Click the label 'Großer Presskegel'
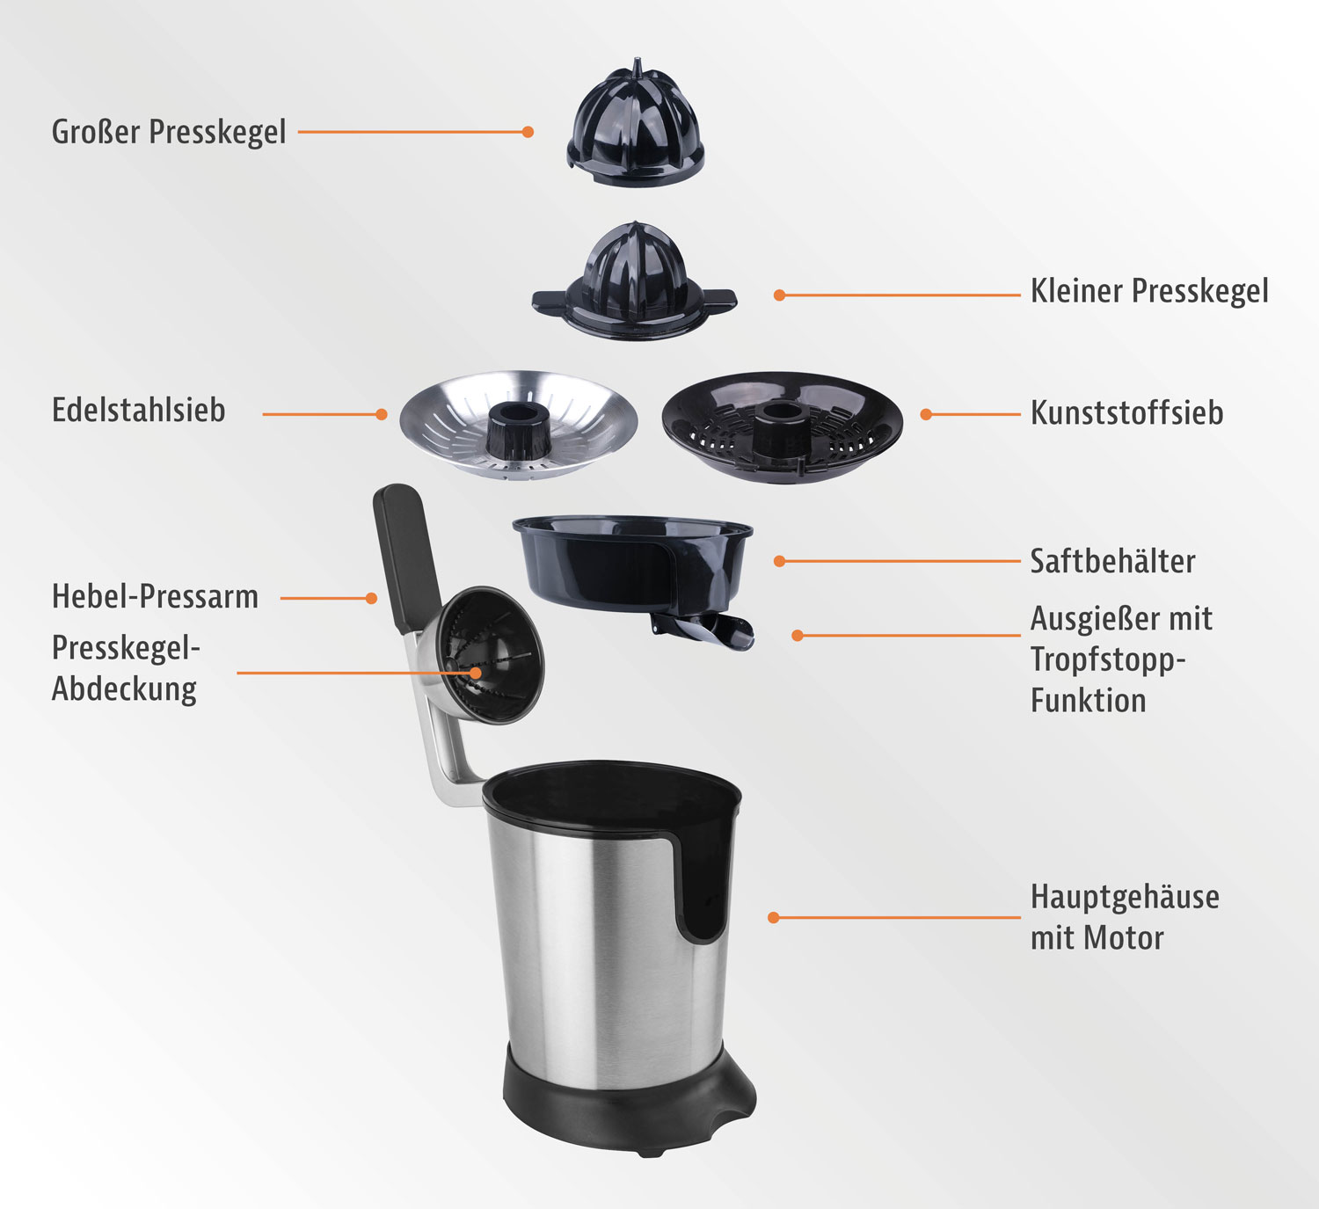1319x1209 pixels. click(x=169, y=132)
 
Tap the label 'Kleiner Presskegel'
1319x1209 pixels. click(x=1149, y=291)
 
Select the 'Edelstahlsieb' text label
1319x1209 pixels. click(x=139, y=411)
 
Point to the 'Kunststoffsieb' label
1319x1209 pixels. click(x=1127, y=412)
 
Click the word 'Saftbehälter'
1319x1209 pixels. click(x=1112, y=561)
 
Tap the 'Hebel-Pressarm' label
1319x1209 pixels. click(x=155, y=597)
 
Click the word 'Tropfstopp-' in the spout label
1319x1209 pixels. click(x=1108, y=659)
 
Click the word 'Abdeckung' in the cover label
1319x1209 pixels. click(x=124, y=690)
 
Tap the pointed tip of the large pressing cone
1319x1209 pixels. click(x=637, y=60)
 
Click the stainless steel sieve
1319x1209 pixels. click(x=518, y=426)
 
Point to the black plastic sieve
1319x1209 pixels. click(x=783, y=428)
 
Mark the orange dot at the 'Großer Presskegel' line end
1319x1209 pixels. click(x=528, y=132)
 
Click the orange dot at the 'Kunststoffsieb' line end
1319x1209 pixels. click(x=926, y=414)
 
